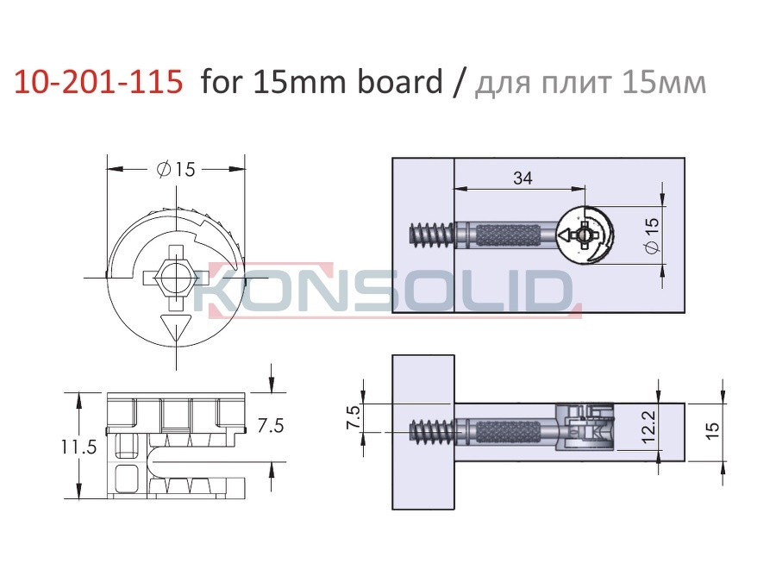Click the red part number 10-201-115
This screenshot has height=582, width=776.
pos(98,82)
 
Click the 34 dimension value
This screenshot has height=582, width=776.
pos(523,178)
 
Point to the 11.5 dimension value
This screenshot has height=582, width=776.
pos(79,447)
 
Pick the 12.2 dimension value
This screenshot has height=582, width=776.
pos(648,426)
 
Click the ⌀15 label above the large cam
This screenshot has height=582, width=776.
pos(176,170)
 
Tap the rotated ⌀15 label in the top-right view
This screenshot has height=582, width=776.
pos(653,235)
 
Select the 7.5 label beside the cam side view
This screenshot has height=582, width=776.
pos(271,426)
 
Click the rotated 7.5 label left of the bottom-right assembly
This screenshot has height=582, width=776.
pos(354,417)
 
